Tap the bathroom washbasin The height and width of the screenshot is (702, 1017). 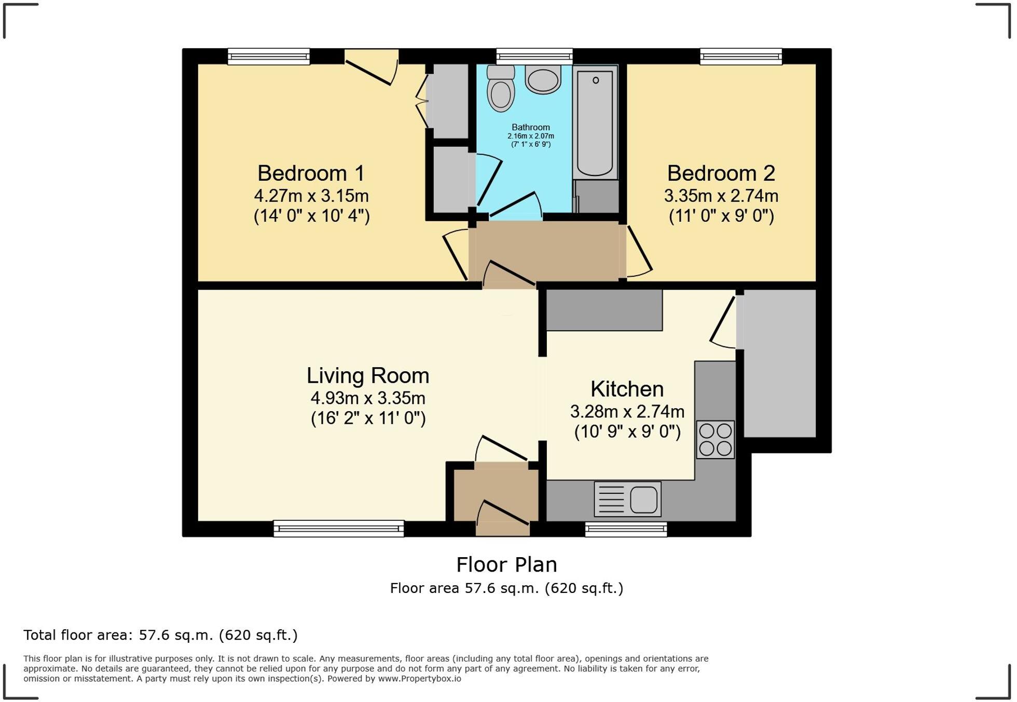(543, 79)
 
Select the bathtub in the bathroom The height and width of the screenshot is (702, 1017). (595, 123)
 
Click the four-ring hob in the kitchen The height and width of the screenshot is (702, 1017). (715, 439)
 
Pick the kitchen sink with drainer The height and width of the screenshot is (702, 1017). (627, 500)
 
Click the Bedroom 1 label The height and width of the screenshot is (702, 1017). (311, 173)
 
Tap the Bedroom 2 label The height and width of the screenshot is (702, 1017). (721, 173)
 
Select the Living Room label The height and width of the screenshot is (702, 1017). (367, 375)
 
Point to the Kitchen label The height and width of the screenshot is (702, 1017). (627, 389)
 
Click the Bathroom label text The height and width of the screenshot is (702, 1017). (530, 127)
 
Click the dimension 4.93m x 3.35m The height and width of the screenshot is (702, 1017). (367, 398)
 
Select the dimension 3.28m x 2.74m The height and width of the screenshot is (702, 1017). (627, 412)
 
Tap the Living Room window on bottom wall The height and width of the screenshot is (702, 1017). (338, 529)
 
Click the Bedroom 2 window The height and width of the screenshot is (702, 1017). (740, 56)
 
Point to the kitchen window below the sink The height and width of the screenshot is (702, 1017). (626, 529)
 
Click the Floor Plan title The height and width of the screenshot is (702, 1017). (506, 564)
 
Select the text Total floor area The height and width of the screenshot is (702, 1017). (78, 635)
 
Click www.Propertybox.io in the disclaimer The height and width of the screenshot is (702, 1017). (419, 679)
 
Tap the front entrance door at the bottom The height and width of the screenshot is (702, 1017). (502, 519)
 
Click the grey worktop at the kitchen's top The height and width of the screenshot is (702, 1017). (604, 310)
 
